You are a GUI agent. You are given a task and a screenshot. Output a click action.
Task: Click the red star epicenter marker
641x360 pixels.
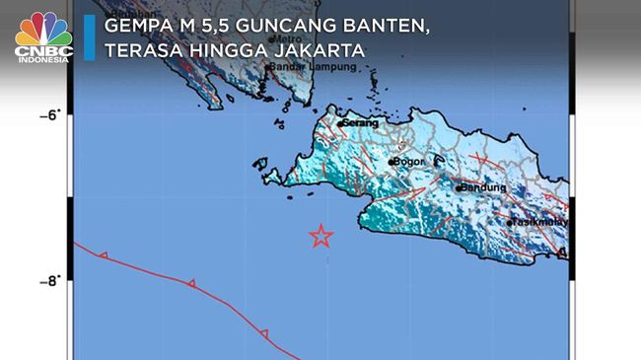coord(320,236)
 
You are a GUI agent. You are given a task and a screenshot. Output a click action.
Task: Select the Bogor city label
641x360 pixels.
coord(408,161)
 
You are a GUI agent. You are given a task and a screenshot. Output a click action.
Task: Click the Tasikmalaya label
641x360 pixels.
coord(539,223)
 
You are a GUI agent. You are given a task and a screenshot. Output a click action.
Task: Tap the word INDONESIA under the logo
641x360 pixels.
coord(42,59)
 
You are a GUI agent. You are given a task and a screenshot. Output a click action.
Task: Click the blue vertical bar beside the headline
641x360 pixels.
coord(89,37)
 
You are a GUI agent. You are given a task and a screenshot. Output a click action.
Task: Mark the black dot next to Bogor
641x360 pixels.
coord(392,161)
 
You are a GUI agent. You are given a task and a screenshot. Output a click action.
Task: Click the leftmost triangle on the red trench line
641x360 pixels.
coord(104,256)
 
